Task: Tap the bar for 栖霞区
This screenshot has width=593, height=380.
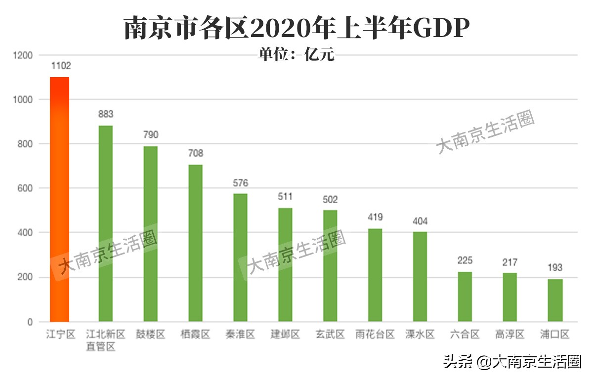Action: pos(195,243)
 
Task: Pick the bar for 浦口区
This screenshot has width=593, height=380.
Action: pos(555,300)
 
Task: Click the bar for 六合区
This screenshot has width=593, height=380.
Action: pos(465,296)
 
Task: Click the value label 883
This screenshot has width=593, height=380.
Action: pos(106,114)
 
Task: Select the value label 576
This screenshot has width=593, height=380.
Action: pos(240,183)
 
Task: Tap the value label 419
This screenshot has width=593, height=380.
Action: pos(375,217)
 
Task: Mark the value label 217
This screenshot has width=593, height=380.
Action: pos(510,262)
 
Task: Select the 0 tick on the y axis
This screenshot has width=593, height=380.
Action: pos(30,322)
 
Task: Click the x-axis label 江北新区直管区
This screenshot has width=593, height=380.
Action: pos(105,340)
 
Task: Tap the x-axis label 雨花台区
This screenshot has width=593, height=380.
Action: pos(375,335)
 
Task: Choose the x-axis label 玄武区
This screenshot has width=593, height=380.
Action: pos(330,335)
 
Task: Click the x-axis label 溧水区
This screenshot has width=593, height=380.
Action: pos(420,335)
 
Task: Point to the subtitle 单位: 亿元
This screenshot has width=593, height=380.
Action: pos(296,54)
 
